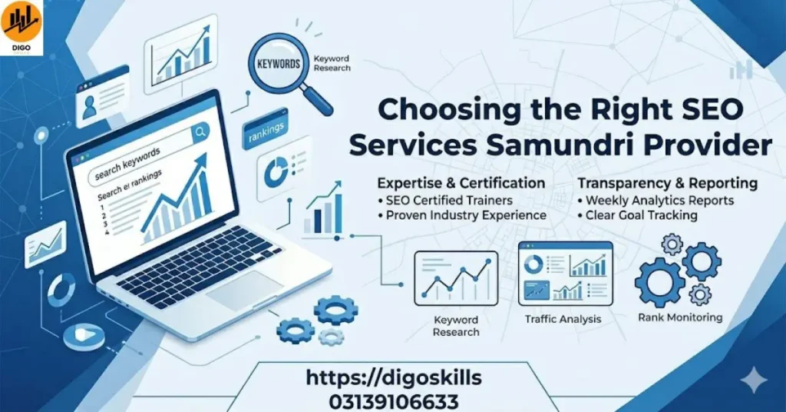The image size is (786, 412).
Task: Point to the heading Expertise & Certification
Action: [461, 184]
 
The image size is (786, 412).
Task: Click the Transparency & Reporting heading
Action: [667, 184]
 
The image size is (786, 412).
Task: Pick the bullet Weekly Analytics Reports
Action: [659, 201]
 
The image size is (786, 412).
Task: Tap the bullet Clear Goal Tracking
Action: [641, 215]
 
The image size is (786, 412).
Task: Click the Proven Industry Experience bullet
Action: [466, 215]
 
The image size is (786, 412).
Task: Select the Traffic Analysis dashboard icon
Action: [565, 274]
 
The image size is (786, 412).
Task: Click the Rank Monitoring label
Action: [680, 317]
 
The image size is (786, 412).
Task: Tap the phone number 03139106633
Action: [393, 401]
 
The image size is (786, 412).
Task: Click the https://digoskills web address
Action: [393, 378]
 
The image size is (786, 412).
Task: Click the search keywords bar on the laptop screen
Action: [138, 164]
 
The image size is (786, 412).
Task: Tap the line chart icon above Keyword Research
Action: [456, 278]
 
